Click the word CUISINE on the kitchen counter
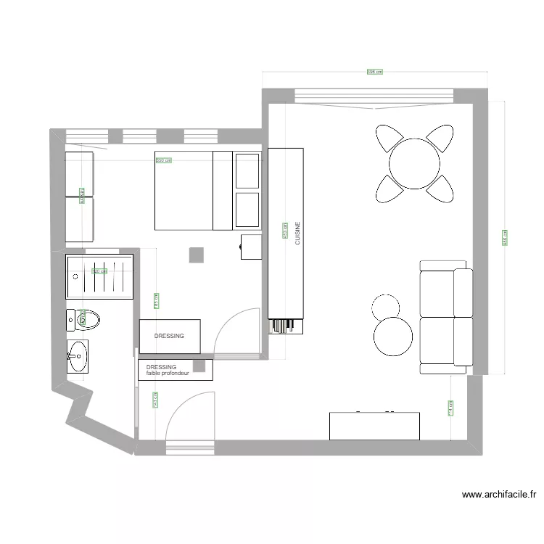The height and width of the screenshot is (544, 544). [297, 234]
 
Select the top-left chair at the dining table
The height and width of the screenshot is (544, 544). [390, 138]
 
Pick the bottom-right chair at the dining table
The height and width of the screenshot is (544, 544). [440, 189]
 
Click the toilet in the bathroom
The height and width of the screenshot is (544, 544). [83, 318]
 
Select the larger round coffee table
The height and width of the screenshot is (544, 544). [394, 337]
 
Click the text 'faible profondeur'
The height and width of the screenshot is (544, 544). [168, 374]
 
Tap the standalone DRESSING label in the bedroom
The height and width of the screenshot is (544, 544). [169, 336]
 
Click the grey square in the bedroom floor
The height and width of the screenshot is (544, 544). [197, 255]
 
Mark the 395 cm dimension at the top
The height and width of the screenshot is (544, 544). [374, 72]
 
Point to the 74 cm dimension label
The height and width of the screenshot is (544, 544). [450, 410]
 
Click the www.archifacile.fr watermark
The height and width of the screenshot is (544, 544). [499, 495]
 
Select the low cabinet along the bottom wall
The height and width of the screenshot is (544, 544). [374, 426]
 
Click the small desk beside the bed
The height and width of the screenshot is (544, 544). [252, 247]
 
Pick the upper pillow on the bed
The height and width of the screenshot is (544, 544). [247, 171]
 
